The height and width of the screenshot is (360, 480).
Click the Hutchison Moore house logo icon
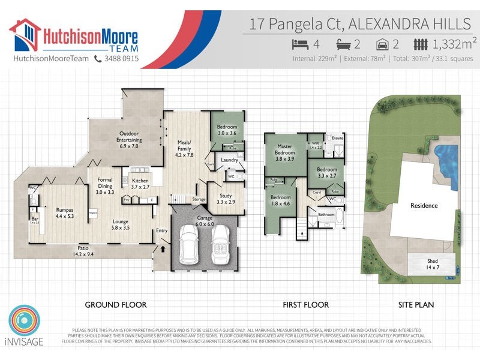25,35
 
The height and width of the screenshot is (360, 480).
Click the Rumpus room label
64,213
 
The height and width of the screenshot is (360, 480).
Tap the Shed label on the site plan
432,263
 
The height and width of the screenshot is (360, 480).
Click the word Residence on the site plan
424,205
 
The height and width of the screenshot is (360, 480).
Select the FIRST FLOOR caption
305,305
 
